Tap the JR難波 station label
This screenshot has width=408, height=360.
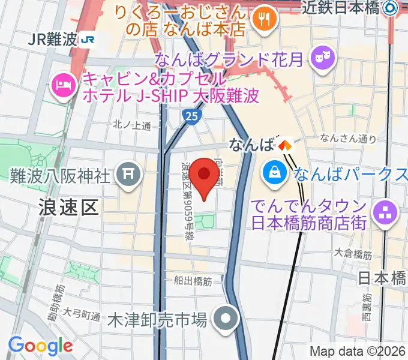tap(53, 40)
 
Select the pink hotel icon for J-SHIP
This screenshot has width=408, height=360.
tap(62, 86)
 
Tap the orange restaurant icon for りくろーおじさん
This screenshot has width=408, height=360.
tap(263, 20)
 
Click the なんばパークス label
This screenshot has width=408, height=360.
tap(350, 174)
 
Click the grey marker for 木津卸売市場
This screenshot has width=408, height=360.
tap(226, 319)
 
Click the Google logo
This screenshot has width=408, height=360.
tap(40, 346)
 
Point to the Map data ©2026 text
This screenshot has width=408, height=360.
tap(358, 351)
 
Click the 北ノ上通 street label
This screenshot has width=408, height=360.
tap(131, 124)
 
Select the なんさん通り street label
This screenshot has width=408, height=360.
tap(348, 138)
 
